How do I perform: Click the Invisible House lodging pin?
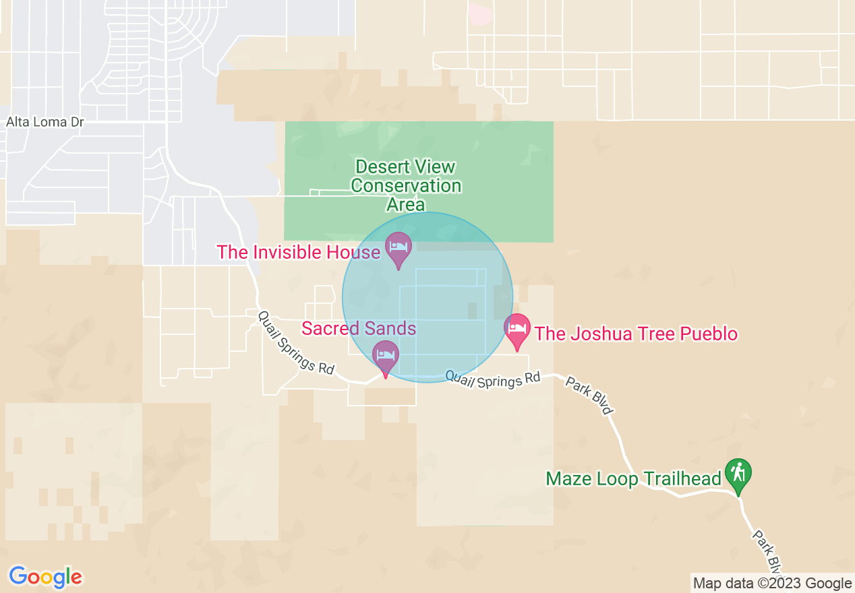398,247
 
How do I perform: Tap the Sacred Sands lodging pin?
386,354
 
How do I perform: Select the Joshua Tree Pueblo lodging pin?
517,328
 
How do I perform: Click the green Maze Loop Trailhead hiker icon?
738,474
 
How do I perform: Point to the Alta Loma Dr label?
46,122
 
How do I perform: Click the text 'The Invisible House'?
298,252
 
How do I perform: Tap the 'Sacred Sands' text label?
358,328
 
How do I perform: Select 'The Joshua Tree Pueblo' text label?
636,334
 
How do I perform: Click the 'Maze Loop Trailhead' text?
633,478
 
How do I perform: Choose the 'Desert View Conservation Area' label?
406,185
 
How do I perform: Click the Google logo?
45,577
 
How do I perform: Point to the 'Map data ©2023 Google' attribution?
773,584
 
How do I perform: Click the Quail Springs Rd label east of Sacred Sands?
493,379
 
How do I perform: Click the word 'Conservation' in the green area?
406,185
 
